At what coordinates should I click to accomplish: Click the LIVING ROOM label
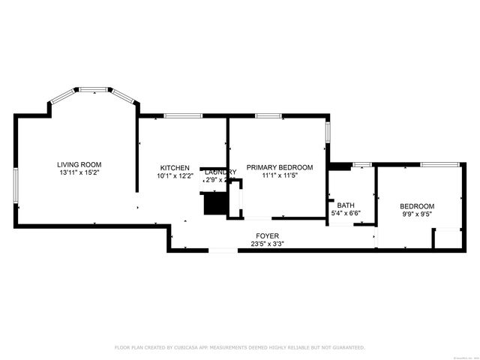point(79,164)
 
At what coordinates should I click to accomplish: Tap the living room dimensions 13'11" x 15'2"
point(79,172)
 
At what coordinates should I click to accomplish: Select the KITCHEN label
point(175,167)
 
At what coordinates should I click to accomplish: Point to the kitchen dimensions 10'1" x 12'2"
point(175,176)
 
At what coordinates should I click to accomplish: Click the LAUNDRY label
point(220,172)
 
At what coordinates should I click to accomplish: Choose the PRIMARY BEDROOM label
point(280,167)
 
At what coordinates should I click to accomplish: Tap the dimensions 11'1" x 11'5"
point(280,175)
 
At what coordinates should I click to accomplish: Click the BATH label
point(346,205)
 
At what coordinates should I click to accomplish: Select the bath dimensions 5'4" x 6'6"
point(346,214)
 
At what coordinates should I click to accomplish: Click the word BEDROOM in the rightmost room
point(416,206)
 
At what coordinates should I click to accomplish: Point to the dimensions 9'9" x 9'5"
point(416,214)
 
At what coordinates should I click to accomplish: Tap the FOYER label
point(267,235)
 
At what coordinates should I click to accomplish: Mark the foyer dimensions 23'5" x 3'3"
point(267,244)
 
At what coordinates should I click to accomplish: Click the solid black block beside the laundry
point(214,203)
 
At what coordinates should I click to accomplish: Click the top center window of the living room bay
point(94,89)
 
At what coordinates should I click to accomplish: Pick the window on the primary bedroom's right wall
point(327,132)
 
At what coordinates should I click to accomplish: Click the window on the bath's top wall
point(362,164)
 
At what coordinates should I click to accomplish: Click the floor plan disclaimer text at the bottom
point(239,347)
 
